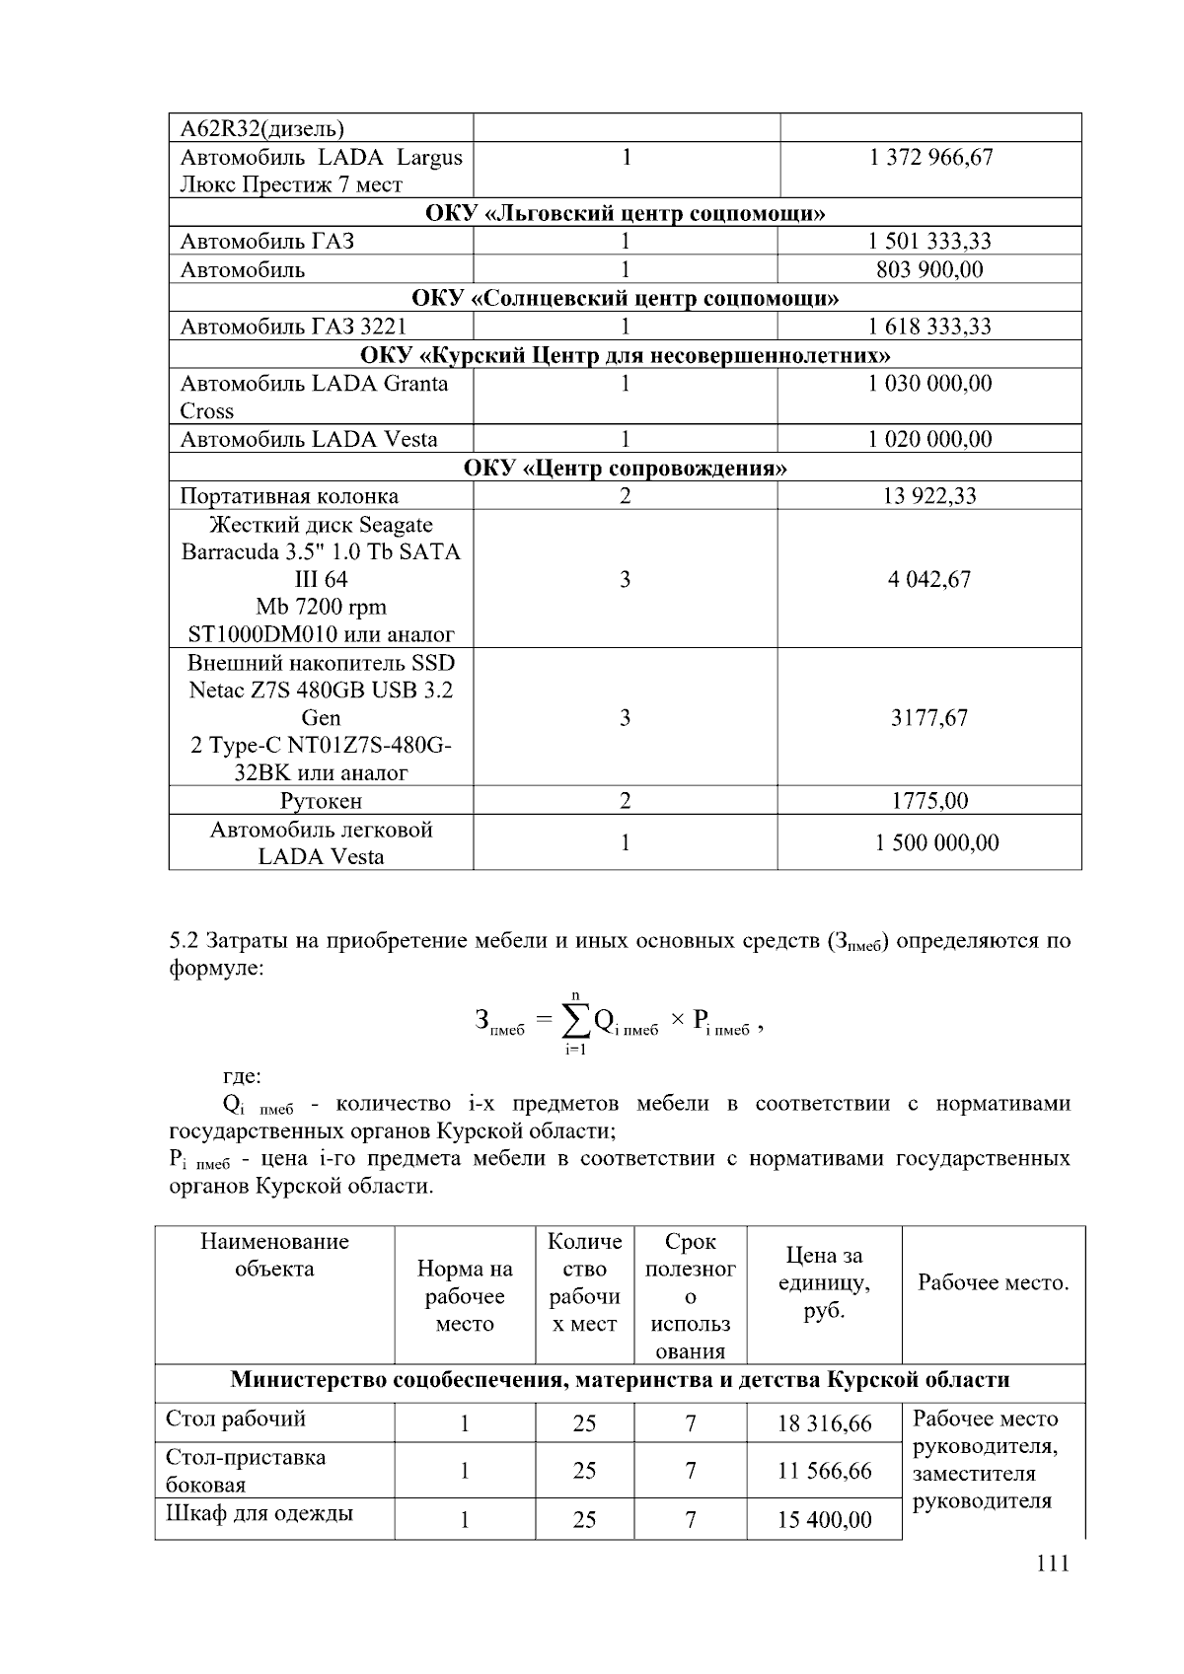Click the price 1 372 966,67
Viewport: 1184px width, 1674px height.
(x=930, y=157)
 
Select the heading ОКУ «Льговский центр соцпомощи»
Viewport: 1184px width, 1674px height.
(x=625, y=213)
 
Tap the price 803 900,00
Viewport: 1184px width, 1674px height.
(x=929, y=269)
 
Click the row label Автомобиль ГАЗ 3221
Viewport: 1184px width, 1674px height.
(x=293, y=327)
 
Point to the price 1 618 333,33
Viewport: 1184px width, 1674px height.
(x=929, y=327)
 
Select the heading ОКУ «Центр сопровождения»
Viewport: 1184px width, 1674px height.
(x=625, y=468)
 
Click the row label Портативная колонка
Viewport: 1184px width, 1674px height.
(x=289, y=496)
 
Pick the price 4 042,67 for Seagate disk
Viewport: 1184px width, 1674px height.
(x=929, y=579)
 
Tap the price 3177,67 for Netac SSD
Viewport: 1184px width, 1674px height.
(x=929, y=717)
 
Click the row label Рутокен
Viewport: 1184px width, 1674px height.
(x=321, y=801)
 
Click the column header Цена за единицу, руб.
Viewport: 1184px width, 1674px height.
(x=824, y=1283)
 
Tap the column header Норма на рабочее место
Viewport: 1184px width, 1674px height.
(x=465, y=1296)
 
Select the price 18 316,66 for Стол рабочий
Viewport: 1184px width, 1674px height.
(x=824, y=1422)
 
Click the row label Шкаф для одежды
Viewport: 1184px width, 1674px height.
(x=259, y=1513)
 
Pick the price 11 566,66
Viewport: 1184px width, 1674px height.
(x=824, y=1471)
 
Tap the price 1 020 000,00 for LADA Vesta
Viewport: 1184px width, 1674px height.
(x=929, y=439)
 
